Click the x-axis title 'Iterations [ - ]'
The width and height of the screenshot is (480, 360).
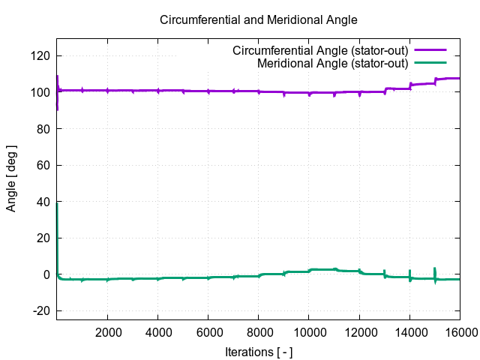click(259, 351)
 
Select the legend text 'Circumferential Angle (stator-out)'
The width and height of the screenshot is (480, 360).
click(320, 51)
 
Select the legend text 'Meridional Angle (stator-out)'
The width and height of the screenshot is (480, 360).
click(332, 63)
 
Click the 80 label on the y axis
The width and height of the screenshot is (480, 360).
click(43, 129)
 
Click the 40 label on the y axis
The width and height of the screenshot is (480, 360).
click(43, 202)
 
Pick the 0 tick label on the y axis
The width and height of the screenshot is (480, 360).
click(46, 274)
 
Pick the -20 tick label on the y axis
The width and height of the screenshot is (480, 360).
click(41, 310)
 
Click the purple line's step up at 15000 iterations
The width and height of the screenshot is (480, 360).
click(435, 80)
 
